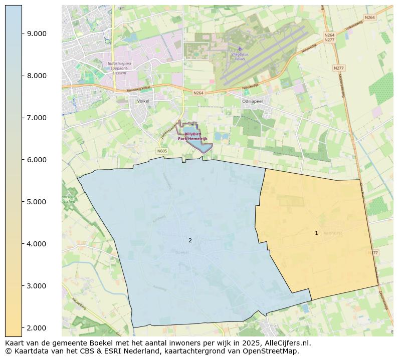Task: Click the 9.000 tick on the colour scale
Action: (x=37, y=34)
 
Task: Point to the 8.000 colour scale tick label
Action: (x=37, y=76)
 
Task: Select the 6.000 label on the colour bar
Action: (x=37, y=160)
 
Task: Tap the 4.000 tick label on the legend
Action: (x=37, y=244)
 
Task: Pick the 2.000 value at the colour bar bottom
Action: (x=37, y=328)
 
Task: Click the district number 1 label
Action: (x=316, y=233)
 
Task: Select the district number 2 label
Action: (x=190, y=240)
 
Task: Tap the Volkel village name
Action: (x=144, y=101)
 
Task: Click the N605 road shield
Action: (x=161, y=151)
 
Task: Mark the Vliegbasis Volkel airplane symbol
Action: (x=240, y=49)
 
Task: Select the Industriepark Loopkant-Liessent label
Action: (x=120, y=68)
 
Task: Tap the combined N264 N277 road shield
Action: (x=329, y=38)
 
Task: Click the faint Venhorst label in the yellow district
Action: (x=332, y=233)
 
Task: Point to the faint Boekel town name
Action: (x=182, y=253)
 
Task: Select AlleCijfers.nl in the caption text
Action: (x=287, y=343)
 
